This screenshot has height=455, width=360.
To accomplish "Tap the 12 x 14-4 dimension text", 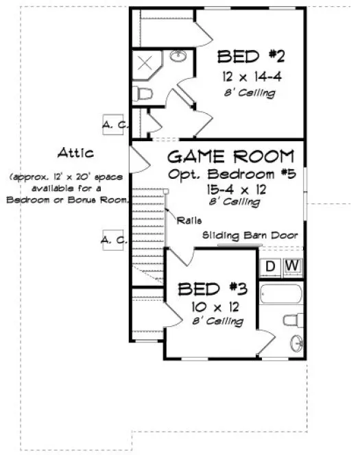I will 248,77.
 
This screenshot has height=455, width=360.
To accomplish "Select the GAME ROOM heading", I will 231,155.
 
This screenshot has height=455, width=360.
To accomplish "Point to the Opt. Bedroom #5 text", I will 231,173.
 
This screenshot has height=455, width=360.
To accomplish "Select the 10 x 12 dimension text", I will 210,306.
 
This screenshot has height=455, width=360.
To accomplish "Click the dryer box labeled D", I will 271,265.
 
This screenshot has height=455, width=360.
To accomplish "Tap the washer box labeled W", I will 292,265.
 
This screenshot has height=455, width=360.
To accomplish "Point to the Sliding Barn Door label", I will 250,235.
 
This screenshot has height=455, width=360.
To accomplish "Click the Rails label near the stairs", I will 188,220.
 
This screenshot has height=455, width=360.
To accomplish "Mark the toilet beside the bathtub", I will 292,319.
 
